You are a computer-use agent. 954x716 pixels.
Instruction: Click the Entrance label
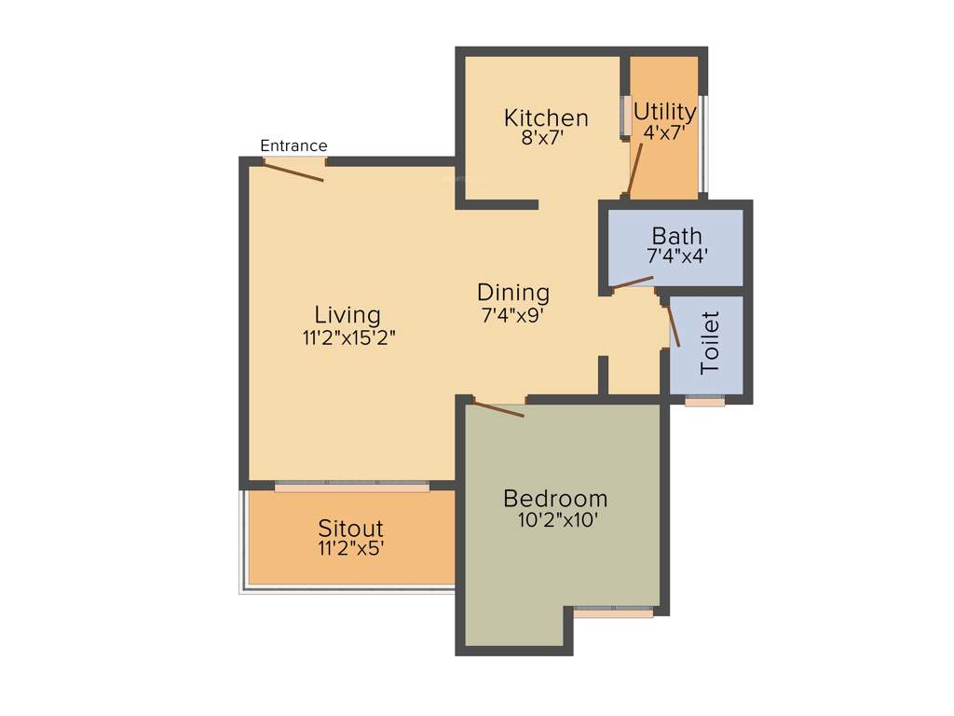pos(293,145)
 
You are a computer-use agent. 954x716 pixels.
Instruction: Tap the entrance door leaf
pos(294,172)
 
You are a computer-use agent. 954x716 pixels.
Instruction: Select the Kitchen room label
pos(546,117)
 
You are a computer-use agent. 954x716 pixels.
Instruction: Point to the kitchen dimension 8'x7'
pos(543,138)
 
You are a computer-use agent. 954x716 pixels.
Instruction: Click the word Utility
pos(664,112)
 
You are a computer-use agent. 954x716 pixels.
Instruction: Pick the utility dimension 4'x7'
pos(664,132)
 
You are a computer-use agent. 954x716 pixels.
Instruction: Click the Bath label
pos(676,235)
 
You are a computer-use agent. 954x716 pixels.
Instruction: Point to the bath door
pos(633,282)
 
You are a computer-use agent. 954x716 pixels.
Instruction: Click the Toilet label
pos(711,343)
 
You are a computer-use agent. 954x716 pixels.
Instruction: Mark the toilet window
pos(704,402)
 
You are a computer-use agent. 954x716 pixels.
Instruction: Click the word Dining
pos(513,292)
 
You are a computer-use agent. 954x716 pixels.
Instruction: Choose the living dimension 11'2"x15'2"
pos(348,337)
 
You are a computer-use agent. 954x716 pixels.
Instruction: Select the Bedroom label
pos(555,498)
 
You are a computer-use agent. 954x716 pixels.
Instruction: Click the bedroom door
pos(498,407)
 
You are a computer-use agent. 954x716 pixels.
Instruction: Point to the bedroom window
pos(613,612)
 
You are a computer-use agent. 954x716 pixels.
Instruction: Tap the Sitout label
pos(350,529)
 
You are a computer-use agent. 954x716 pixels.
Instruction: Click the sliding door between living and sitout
pos(352,486)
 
